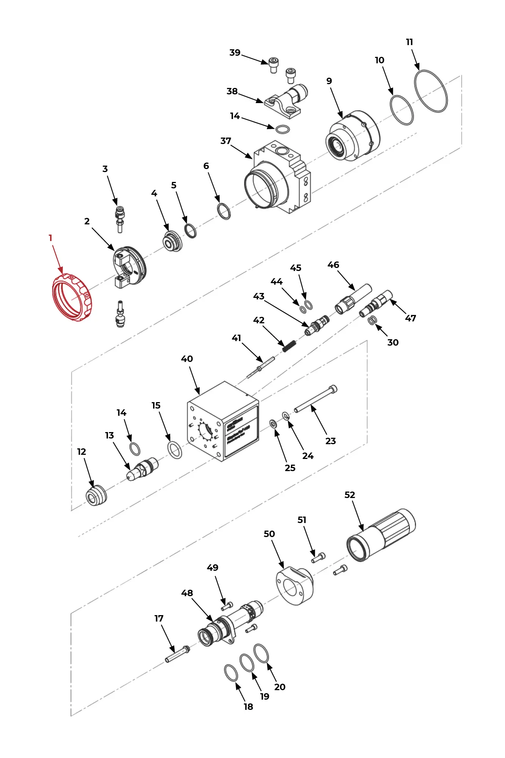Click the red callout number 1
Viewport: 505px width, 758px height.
pos(50,238)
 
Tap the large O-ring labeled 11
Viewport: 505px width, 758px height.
pos(431,91)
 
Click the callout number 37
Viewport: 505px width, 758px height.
pos(226,141)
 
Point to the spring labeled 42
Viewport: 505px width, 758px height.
pos(289,346)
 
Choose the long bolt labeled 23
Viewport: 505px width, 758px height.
pos(315,399)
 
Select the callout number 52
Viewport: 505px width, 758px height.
pos(350,495)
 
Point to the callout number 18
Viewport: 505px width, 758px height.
pos(249,706)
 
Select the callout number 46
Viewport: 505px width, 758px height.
pos(333,265)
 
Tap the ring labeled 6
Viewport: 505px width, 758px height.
pos(224,211)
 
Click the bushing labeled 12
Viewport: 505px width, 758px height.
pos(96,495)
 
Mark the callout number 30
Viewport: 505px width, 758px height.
pos(393,343)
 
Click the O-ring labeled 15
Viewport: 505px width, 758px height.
pos(175,450)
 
